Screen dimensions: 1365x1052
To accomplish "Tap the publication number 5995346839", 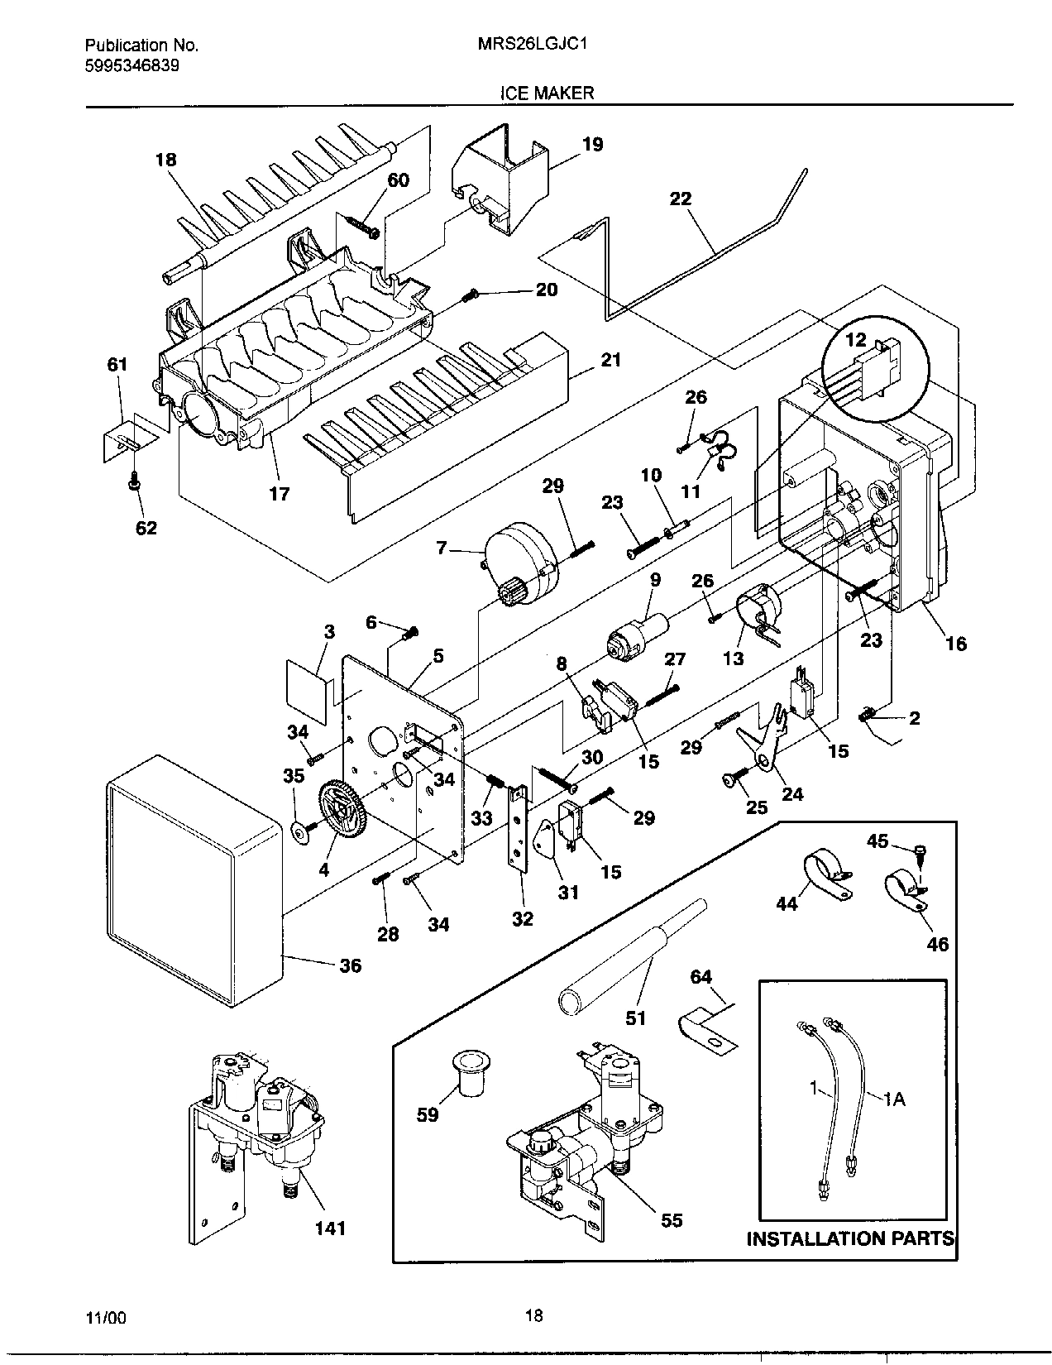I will pos(132,65).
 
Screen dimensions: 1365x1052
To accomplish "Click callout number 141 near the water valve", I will pos(329,1228).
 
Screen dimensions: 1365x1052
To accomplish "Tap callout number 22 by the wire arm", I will pos(681,199).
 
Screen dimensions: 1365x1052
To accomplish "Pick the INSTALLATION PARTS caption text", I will pos(850,1238).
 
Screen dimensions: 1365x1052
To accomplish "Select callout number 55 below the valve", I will pos(672,1219).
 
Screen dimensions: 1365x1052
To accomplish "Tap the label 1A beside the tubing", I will pos(895,1099).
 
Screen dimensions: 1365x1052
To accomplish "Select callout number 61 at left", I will pos(117,363).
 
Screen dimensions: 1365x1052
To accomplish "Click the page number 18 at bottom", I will pos(534,1315).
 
